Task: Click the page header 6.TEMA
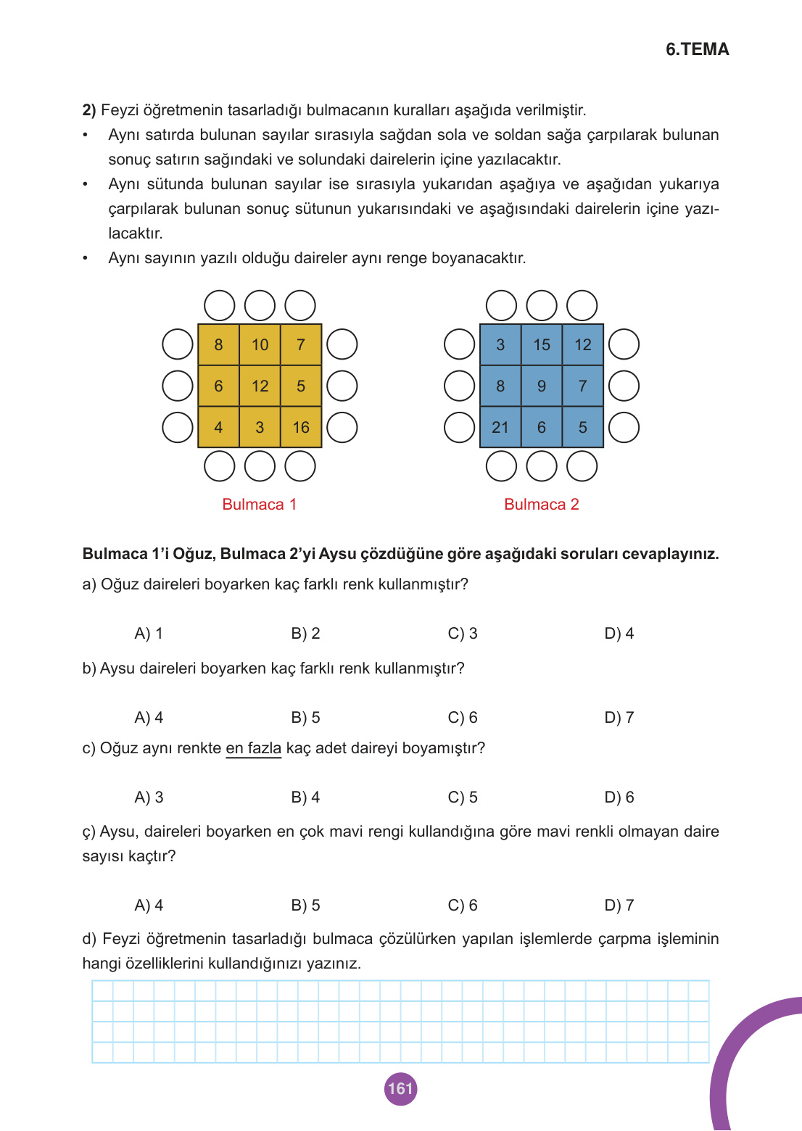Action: point(697,49)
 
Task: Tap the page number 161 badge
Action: point(400,1088)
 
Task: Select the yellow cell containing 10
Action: point(260,345)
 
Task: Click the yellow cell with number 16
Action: point(301,428)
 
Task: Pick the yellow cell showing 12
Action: point(260,386)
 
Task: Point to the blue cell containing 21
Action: point(500,428)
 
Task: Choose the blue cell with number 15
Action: point(542,345)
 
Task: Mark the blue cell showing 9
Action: point(542,386)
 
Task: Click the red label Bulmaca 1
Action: point(259,505)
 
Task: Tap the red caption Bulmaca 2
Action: point(541,505)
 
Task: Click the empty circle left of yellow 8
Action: point(178,344)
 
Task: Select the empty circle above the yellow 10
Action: point(260,305)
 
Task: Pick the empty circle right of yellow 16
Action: point(342,428)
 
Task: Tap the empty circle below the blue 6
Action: point(542,466)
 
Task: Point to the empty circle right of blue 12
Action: point(624,344)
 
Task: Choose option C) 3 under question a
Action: point(463,634)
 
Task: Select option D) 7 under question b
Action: point(619,718)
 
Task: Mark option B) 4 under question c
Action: point(305,797)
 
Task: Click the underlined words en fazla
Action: point(253,748)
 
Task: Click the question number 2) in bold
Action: point(89,110)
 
